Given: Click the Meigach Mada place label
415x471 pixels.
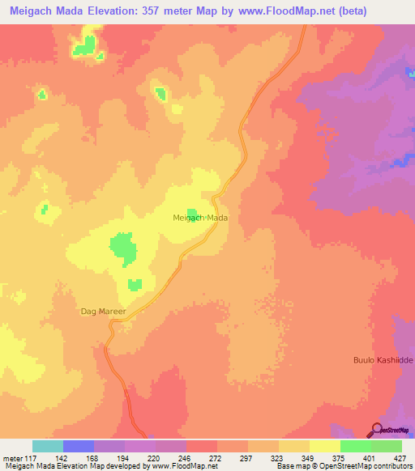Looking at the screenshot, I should coord(200,219).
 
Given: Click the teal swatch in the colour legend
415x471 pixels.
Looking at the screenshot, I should coord(48,446).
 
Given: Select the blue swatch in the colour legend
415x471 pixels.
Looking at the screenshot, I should coord(79,446).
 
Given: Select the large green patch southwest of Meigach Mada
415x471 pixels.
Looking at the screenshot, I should coord(123,248).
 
